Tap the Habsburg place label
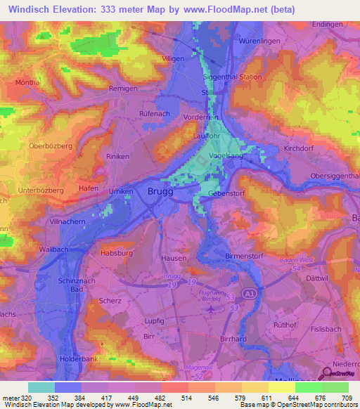(116, 252)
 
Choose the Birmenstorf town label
(244, 257)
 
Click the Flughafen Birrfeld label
(216, 296)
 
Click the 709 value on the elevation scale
(347, 398)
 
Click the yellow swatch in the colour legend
(281, 387)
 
